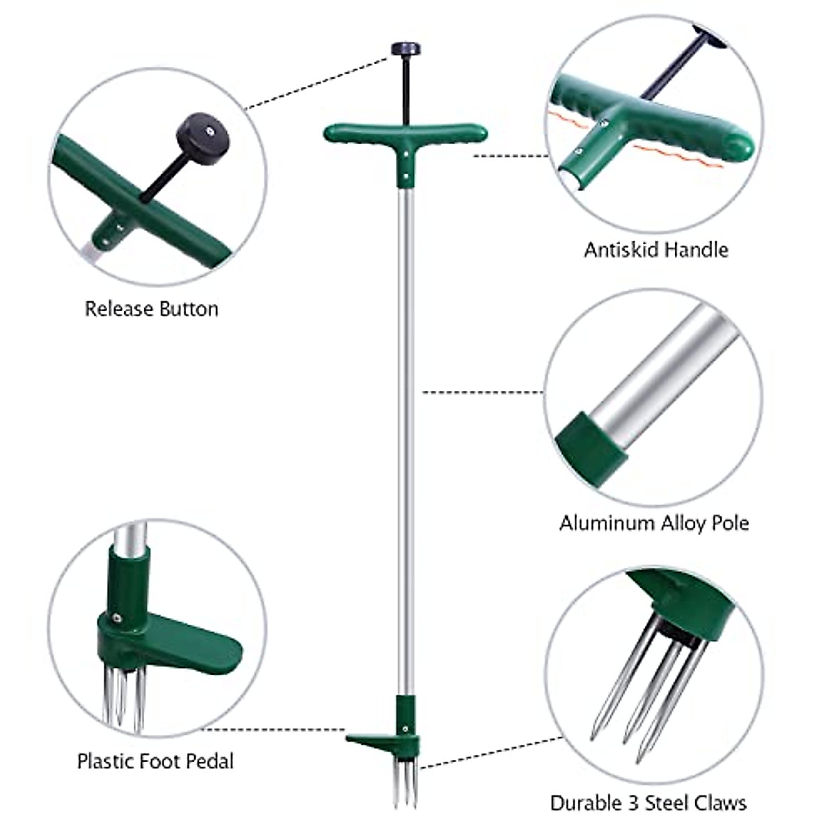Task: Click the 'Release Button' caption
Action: pyautogui.click(x=151, y=309)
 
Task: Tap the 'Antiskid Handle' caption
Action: pyautogui.click(x=655, y=249)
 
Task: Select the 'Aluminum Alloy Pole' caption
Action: pyautogui.click(x=654, y=523)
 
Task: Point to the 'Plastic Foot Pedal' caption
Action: pyautogui.click(x=155, y=761)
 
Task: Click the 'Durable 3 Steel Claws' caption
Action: pyautogui.click(x=648, y=802)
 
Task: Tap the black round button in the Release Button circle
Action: pyautogui.click(x=202, y=132)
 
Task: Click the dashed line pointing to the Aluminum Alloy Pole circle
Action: pyautogui.click(x=482, y=392)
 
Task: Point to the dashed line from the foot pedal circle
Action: pyautogui.click(x=268, y=729)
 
